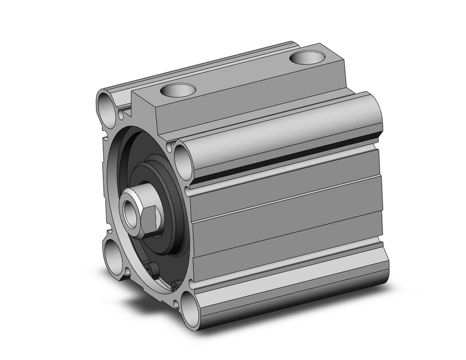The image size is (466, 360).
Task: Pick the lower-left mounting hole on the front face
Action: [112, 256]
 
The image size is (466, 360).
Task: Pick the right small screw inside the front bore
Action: [176, 284]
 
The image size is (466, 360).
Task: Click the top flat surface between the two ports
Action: [242, 75]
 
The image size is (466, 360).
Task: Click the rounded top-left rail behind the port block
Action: [196, 65]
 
